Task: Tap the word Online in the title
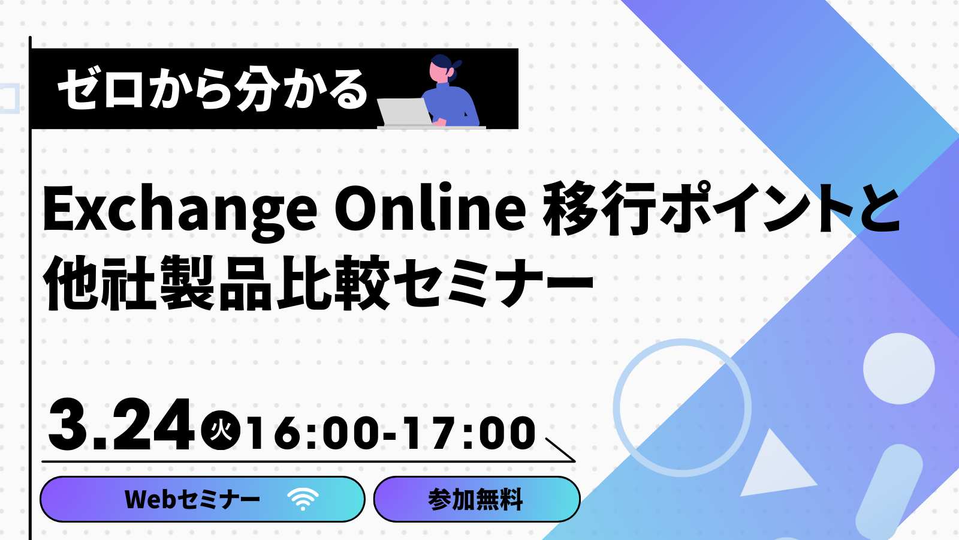tap(430, 206)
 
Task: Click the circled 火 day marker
tap(221, 430)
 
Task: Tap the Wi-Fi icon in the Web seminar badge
tap(303, 499)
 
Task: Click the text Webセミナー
tap(192, 499)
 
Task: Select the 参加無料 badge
tap(477, 499)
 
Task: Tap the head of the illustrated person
tap(443, 68)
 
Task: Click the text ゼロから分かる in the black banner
tap(212, 91)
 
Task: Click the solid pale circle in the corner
tap(898, 368)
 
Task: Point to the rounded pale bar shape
tap(888, 492)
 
